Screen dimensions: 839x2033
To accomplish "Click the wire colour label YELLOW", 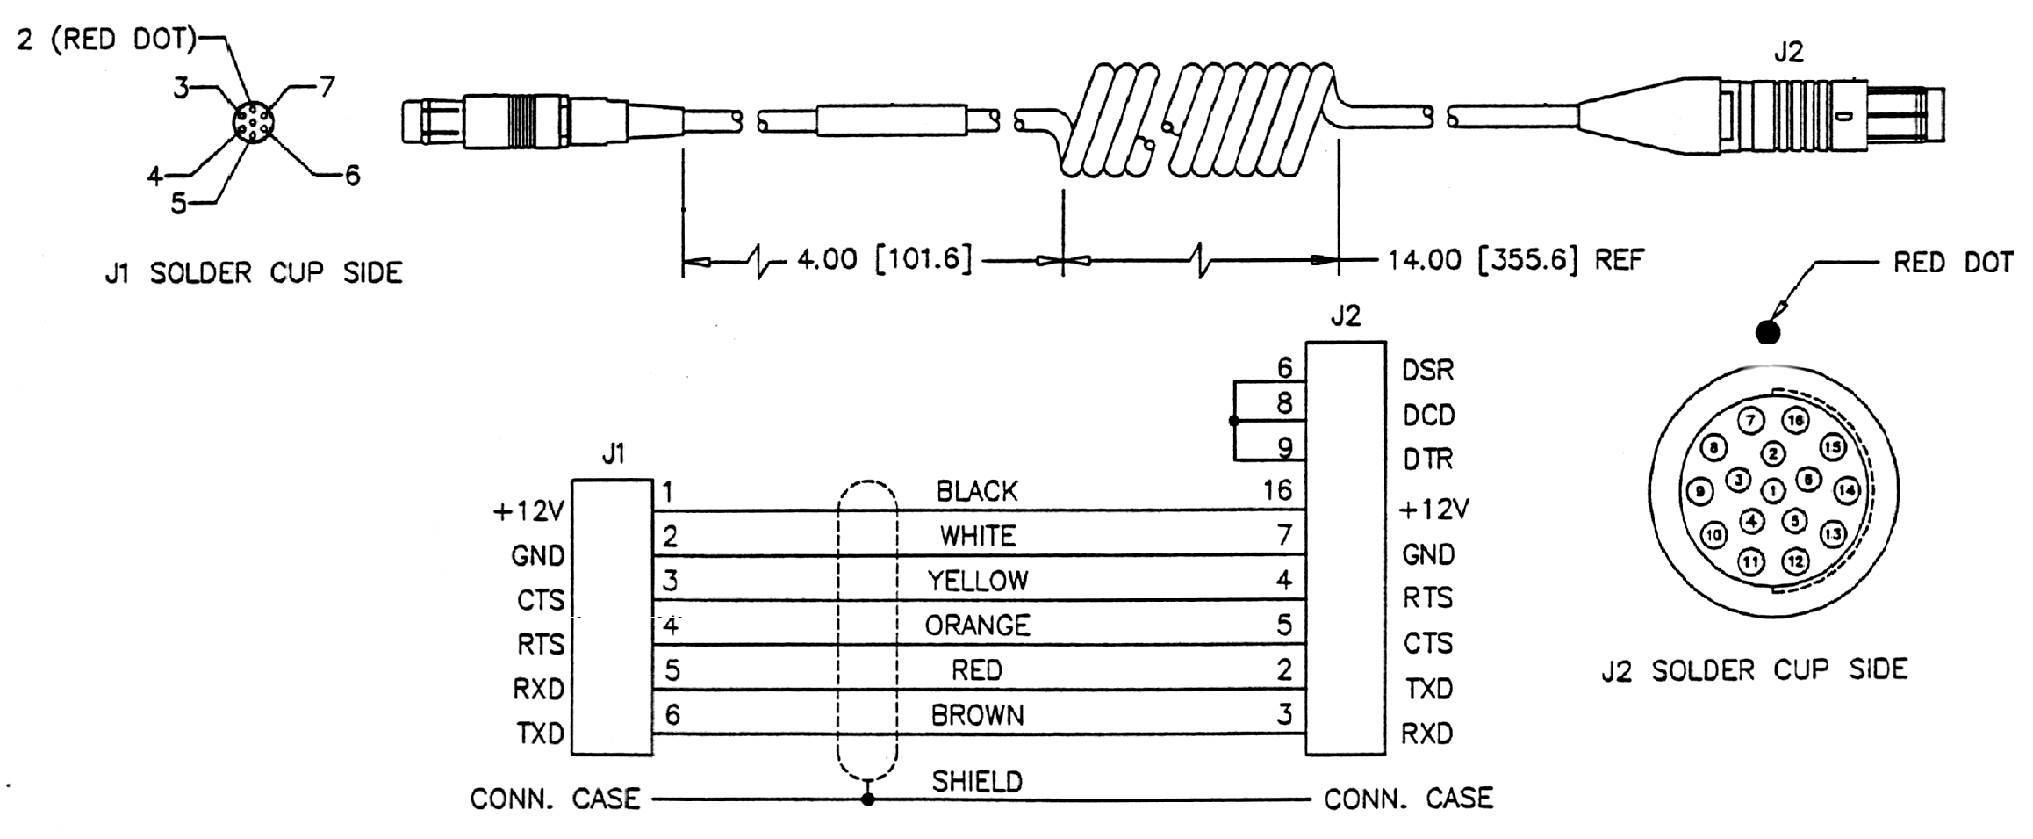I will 977,581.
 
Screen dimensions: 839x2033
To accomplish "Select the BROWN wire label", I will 977,716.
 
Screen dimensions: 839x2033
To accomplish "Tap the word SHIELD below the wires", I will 977,781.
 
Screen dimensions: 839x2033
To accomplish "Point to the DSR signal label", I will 1427,371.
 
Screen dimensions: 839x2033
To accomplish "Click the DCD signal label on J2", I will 1428,415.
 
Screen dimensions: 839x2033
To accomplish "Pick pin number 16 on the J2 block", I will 1277,490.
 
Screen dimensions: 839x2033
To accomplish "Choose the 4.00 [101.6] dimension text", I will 884,259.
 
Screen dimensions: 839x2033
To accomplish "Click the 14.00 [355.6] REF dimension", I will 1515,260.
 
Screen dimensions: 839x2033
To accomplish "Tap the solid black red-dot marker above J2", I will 1768,332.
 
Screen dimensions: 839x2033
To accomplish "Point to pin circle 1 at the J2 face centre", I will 1773,490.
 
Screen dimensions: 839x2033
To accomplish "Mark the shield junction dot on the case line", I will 867,799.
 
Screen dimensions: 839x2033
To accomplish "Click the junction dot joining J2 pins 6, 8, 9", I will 1234,421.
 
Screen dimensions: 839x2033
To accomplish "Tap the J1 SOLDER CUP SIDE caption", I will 254,273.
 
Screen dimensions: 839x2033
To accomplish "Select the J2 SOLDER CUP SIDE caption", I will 1754,671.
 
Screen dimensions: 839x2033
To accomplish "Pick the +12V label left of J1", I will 528,511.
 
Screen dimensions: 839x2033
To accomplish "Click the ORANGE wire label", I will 977,626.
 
